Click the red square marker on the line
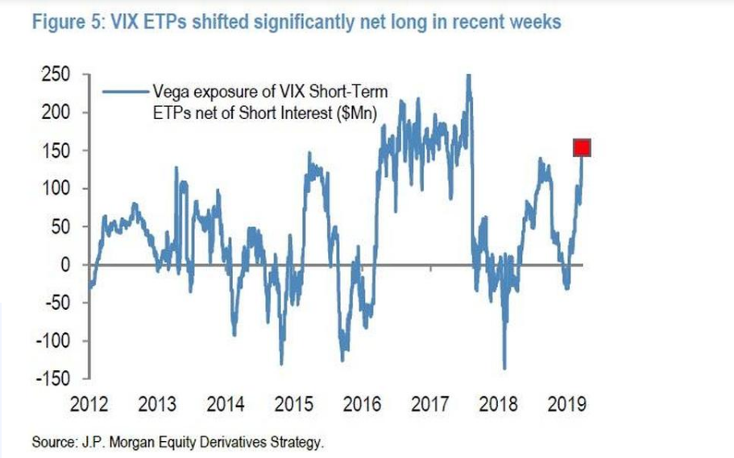[583, 147]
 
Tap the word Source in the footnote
[52, 442]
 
